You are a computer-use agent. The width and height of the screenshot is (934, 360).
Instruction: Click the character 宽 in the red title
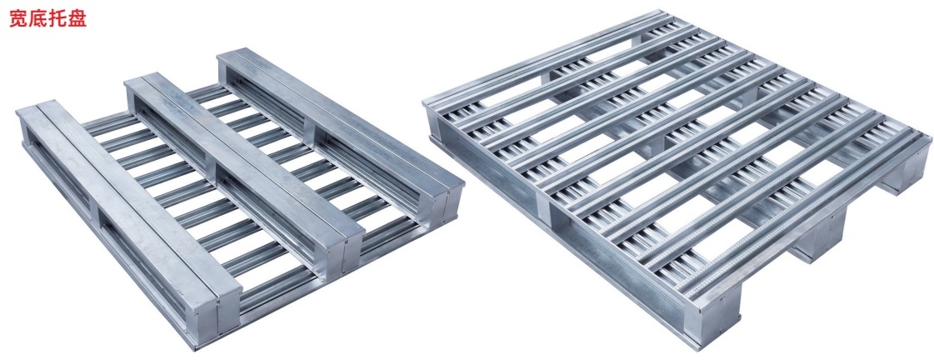pos(18,18)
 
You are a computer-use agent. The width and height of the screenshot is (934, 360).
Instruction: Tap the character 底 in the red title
pos(38,18)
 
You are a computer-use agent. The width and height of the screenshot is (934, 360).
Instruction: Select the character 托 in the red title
pos(57,18)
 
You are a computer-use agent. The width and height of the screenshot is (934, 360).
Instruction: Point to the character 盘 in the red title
pos(77,18)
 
